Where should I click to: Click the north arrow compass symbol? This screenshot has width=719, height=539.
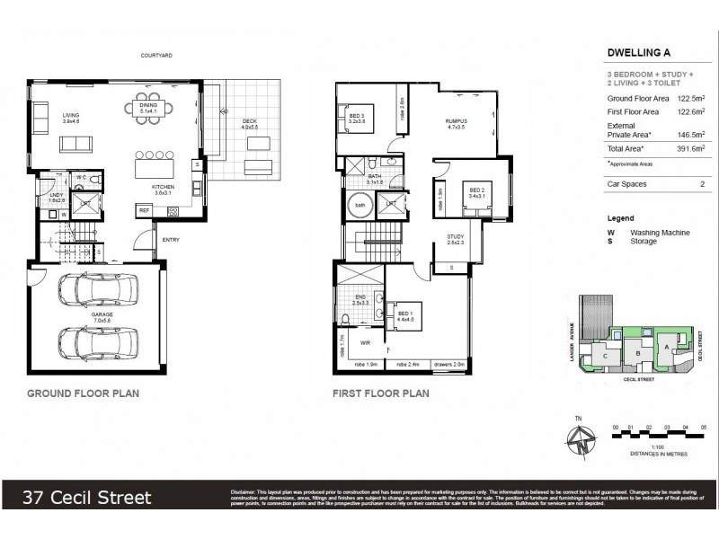pyautogui.click(x=583, y=440)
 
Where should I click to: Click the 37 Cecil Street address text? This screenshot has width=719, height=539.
pyautogui.click(x=87, y=498)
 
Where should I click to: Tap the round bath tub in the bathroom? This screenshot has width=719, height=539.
pyautogui.click(x=360, y=206)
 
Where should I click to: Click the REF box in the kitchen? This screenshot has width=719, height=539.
pyautogui.click(x=144, y=210)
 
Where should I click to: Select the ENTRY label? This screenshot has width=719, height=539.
pyautogui.click(x=171, y=240)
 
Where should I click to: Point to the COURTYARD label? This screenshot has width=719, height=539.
pyautogui.click(x=156, y=56)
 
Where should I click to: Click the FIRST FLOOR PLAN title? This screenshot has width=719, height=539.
pyautogui.click(x=380, y=393)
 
